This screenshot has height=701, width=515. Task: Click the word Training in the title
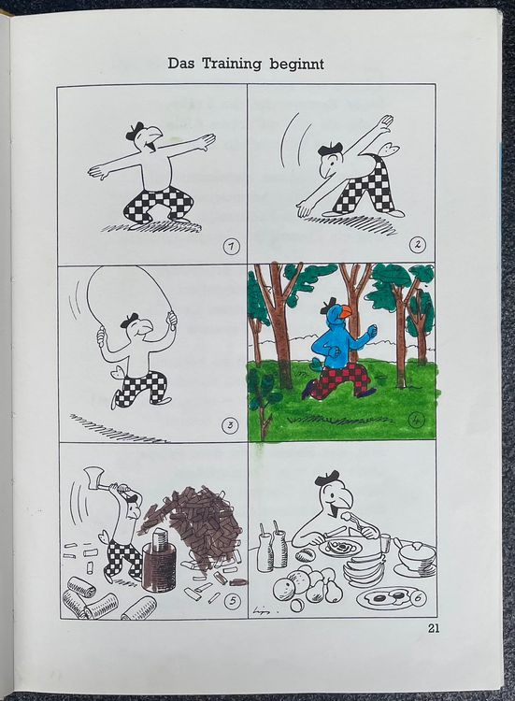pyautogui.click(x=232, y=64)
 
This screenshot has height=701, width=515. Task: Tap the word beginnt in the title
pyautogui.click(x=296, y=64)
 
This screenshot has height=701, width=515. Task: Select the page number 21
pyautogui.click(x=434, y=628)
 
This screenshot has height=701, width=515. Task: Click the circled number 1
pyautogui.click(x=231, y=247)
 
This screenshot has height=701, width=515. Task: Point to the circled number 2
pyautogui.click(x=418, y=245)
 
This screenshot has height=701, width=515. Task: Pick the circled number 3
pyautogui.click(x=230, y=424)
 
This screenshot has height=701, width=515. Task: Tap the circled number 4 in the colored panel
pyautogui.click(x=416, y=421)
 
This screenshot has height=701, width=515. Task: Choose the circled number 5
pyautogui.click(x=232, y=601)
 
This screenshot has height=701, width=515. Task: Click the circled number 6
pyautogui.click(x=418, y=598)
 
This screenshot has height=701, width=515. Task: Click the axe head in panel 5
pyautogui.click(x=91, y=476)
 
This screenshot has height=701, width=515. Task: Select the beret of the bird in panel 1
pyautogui.click(x=136, y=130)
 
